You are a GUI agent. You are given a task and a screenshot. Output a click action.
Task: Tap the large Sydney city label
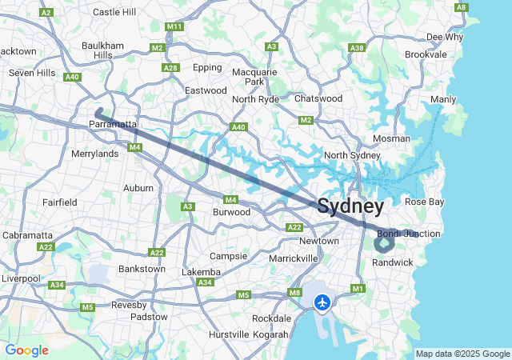coord(350,206)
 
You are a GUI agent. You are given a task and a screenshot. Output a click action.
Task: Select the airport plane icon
coord(322,302)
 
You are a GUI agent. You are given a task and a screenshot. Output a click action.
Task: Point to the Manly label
coord(443,99)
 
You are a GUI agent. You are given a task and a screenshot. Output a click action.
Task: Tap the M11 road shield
coord(174,26)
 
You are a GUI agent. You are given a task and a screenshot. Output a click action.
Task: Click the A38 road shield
coord(357,48)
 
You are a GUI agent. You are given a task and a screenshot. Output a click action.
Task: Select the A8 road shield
coord(461,7)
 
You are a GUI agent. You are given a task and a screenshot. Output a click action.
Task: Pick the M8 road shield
coord(295,293)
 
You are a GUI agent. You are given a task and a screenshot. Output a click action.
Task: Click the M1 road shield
coord(358,289)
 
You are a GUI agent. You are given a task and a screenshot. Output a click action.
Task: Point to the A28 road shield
coord(170,68)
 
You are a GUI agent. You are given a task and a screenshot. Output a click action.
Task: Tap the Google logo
coord(26,350)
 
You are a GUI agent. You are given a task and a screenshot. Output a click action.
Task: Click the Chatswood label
coord(318,98)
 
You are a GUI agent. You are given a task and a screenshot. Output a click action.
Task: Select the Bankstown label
coord(142,269)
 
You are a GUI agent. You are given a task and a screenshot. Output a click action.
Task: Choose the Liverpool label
coord(20,278)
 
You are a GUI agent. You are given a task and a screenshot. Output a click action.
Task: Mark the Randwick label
coord(394,262)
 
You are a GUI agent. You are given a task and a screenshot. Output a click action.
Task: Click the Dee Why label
coord(444,37)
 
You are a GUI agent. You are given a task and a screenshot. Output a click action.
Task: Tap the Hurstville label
coord(229,334)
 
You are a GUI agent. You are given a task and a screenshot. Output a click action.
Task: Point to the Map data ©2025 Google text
coord(462,354)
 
